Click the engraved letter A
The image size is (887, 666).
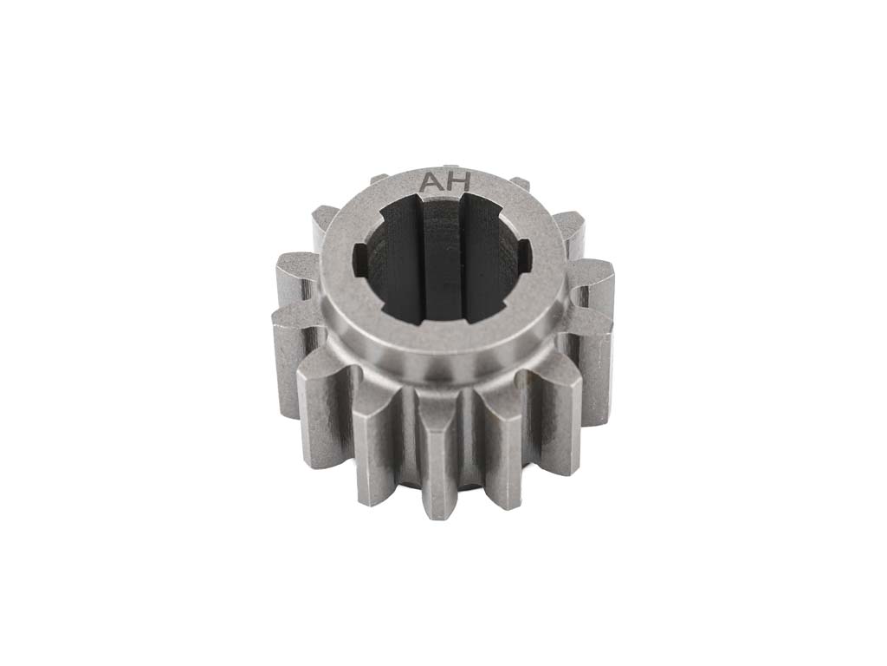(429, 183)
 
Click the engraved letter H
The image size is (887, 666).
(459, 182)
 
